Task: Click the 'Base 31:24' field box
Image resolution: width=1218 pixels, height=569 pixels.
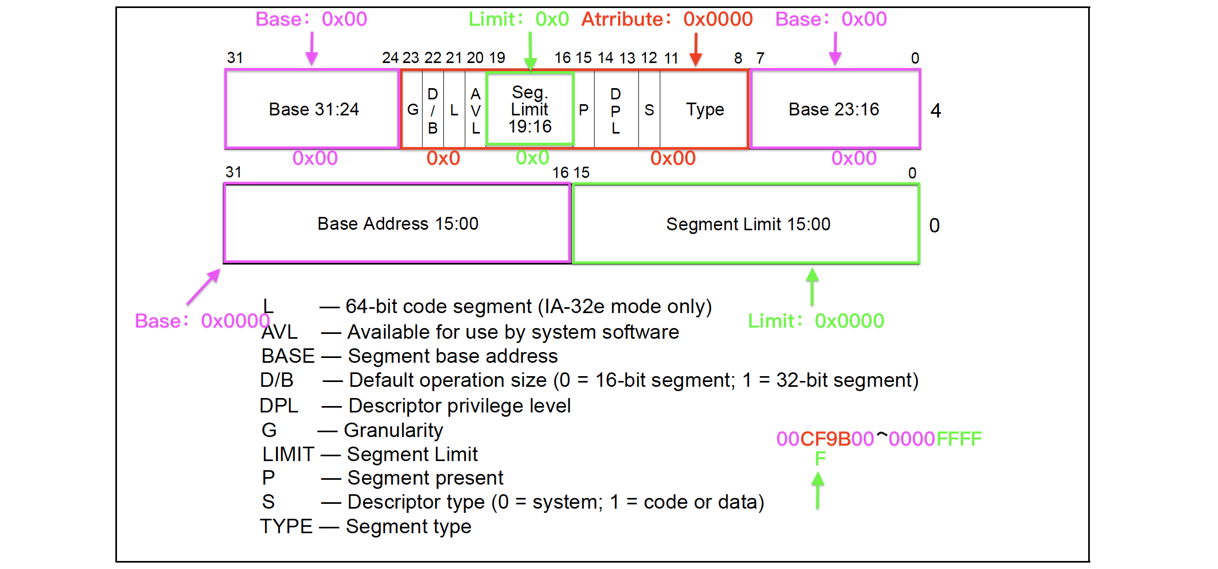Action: (313, 109)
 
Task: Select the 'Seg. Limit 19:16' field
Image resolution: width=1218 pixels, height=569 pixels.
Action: (530, 109)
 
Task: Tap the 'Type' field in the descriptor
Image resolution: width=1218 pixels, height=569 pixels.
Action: (705, 110)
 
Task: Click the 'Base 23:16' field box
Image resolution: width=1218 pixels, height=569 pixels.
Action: (834, 109)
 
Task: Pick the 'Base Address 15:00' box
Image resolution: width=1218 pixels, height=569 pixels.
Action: (397, 223)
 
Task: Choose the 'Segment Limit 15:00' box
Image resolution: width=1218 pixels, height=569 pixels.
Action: (747, 224)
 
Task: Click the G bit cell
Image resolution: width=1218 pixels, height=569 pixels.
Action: (412, 110)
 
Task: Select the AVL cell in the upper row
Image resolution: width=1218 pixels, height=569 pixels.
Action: (475, 111)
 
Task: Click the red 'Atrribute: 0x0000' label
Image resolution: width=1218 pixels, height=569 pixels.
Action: (667, 19)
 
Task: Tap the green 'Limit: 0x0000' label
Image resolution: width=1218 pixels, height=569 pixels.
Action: (816, 321)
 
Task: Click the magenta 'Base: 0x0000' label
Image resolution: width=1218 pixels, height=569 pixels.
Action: (202, 321)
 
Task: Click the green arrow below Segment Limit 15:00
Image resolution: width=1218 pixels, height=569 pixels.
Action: (812, 286)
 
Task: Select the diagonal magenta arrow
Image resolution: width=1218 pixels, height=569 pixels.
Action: (204, 287)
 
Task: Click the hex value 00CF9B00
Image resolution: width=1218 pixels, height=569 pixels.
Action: (825, 439)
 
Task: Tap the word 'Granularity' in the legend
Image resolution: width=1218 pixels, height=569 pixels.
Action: (393, 430)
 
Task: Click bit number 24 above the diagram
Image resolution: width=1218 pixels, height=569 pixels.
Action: (390, 58)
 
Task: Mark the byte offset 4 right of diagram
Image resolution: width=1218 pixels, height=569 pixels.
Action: (935, 111)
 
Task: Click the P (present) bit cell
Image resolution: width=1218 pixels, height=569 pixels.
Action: (584, 110)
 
